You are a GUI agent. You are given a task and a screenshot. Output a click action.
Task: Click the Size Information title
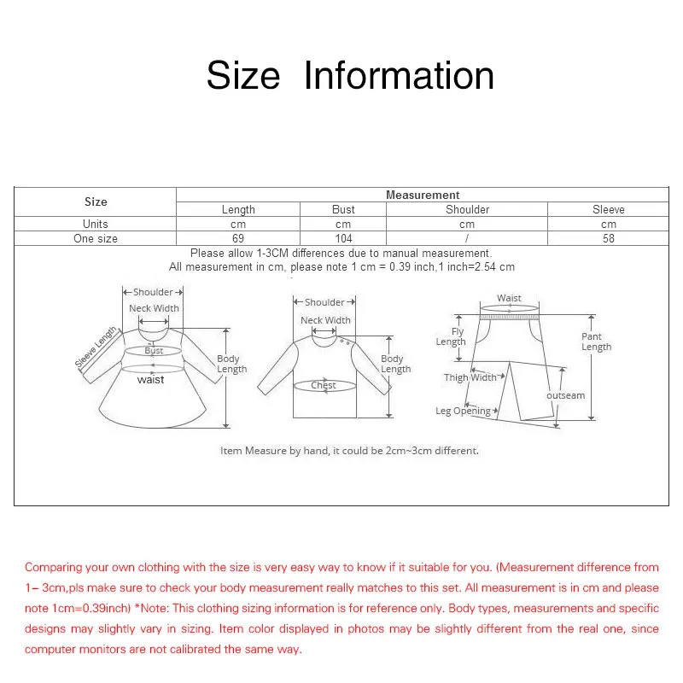(x=350, y=75)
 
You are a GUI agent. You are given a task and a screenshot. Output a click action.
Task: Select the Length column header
(x=238, y=209)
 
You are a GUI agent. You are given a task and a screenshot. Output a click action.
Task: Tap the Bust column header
(x=343, y=209)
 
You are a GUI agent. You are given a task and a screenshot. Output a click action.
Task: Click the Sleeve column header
(x=608, y=209)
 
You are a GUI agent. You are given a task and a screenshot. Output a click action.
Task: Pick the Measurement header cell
(x=423, y=196)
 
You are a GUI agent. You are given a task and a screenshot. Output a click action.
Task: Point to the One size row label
(x=96, y=239)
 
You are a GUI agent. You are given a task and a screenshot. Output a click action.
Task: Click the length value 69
(x=238, y=239)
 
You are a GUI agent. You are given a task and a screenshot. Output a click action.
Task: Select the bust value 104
(x=343, y=239)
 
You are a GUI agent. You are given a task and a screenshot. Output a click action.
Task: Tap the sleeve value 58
(x=608, y=239)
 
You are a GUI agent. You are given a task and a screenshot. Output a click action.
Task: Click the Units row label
(x=96, y=224)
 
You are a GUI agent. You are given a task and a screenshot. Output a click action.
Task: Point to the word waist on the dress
(x=150, y=380)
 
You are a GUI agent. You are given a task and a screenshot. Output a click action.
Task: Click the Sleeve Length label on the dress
(x=96, y=348)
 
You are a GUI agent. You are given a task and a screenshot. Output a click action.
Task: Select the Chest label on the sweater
(x=324, y=386)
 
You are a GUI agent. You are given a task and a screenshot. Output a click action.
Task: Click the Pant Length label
(x=596, y=341)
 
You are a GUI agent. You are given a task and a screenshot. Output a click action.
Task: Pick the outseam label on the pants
(x=565, y=395)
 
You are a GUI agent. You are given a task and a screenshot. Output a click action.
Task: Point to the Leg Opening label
(x=463, y=411)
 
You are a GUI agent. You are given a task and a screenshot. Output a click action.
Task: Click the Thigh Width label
(x=470, y=377)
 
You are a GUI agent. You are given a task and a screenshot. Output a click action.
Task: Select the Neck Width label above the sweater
(x=325, y=320)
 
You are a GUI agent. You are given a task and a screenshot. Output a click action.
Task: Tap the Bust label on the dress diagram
(x=154, y=351)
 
